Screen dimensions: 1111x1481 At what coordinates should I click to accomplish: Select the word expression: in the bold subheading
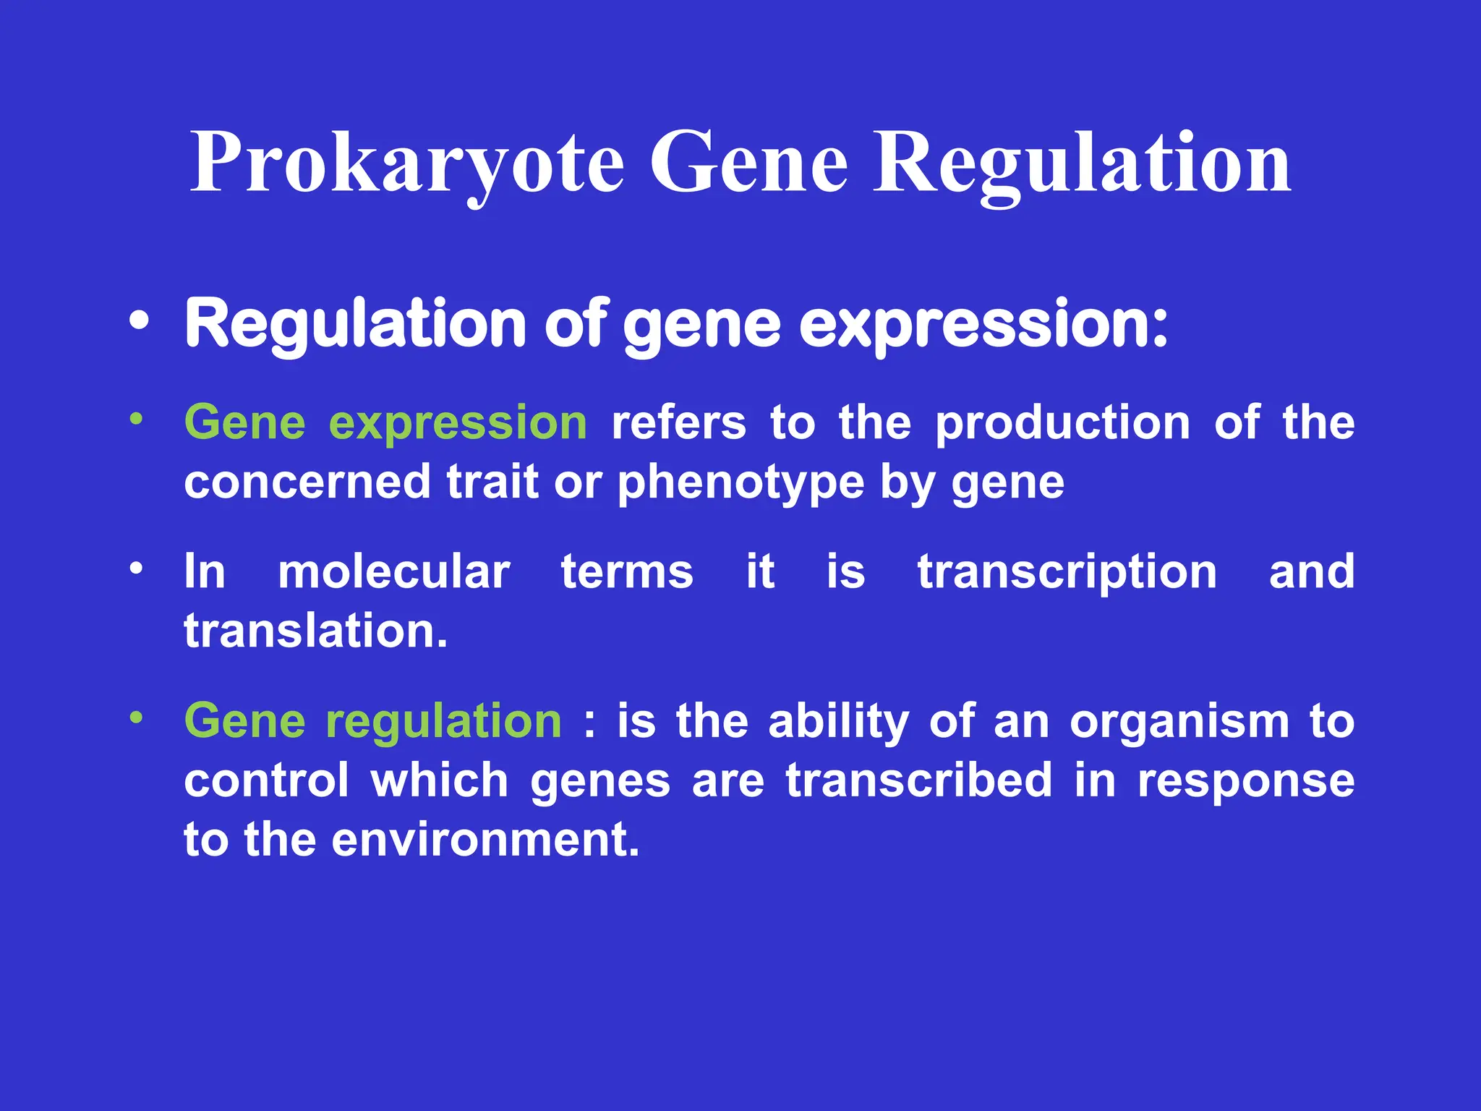point(983,325)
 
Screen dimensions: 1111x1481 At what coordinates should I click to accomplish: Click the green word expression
point(458,424)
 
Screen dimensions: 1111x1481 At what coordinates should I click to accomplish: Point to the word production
point(1062,422)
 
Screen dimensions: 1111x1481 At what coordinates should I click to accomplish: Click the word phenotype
point(740,483)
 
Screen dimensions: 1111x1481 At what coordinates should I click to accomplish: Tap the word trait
point(492,482)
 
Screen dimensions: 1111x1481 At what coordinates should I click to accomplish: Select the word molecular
point(394,571)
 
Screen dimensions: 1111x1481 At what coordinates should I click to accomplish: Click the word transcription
point(1067,573)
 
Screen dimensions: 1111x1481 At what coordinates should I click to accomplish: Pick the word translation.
point(315,631)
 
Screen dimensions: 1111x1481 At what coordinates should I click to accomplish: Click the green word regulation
point(443,723)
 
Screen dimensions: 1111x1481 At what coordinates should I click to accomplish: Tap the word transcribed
point(918,780)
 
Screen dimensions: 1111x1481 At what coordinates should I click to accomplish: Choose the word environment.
point(485,840)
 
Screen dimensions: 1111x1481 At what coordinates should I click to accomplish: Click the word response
point(1246,782)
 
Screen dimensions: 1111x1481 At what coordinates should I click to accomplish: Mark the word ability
point(838,723)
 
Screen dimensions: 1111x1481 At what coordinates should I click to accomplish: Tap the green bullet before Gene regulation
point(136,718)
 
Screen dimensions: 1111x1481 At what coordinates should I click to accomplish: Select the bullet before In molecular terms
point(136,569)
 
